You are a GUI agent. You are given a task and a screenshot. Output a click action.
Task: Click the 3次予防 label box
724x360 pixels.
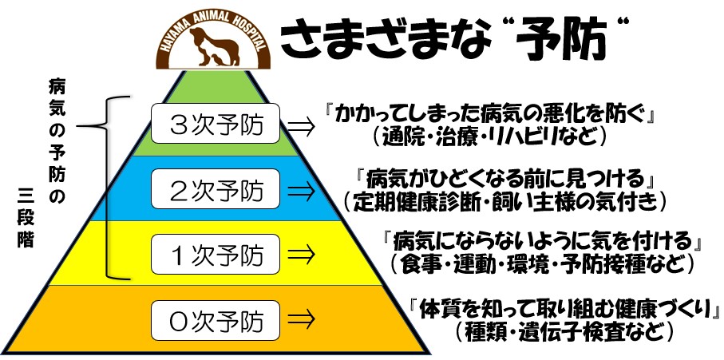pos(216,123)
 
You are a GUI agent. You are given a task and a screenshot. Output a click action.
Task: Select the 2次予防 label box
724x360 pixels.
pos(216,188)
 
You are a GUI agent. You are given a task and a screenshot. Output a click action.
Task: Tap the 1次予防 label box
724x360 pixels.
pos(216,254)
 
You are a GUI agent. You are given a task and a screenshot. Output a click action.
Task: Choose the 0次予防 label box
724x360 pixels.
pos(216,320)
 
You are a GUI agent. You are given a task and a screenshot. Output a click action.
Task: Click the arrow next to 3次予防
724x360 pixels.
pos(301,125)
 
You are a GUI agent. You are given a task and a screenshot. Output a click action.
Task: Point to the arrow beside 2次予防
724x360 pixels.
pos(301,190)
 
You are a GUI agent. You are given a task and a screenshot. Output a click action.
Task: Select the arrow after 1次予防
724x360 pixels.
pos(301,254)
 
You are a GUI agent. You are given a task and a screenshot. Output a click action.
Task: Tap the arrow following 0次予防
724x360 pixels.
pos(301,318)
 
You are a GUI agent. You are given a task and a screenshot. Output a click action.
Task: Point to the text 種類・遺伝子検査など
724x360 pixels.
pos(562,330)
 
